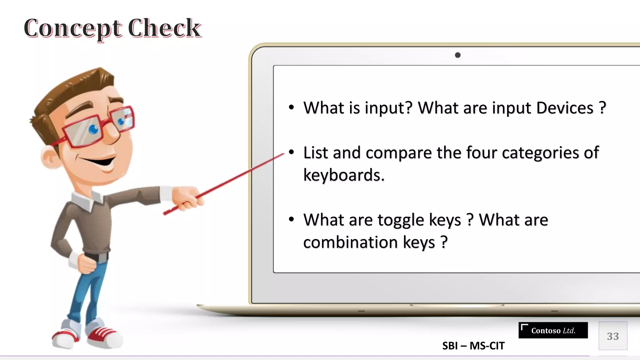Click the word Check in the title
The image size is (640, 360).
click(164, 28)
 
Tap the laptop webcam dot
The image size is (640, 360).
click(457, 55)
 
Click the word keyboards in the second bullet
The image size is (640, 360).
click(344, 175)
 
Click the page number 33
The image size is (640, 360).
click(613, 336)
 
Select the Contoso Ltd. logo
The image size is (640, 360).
click(553, 330)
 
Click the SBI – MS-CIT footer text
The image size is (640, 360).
click(473, 346)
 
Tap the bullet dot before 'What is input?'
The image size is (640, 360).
click(292, 107)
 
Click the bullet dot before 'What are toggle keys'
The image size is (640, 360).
click(292, 219)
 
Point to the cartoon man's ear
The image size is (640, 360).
click(48, 158)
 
